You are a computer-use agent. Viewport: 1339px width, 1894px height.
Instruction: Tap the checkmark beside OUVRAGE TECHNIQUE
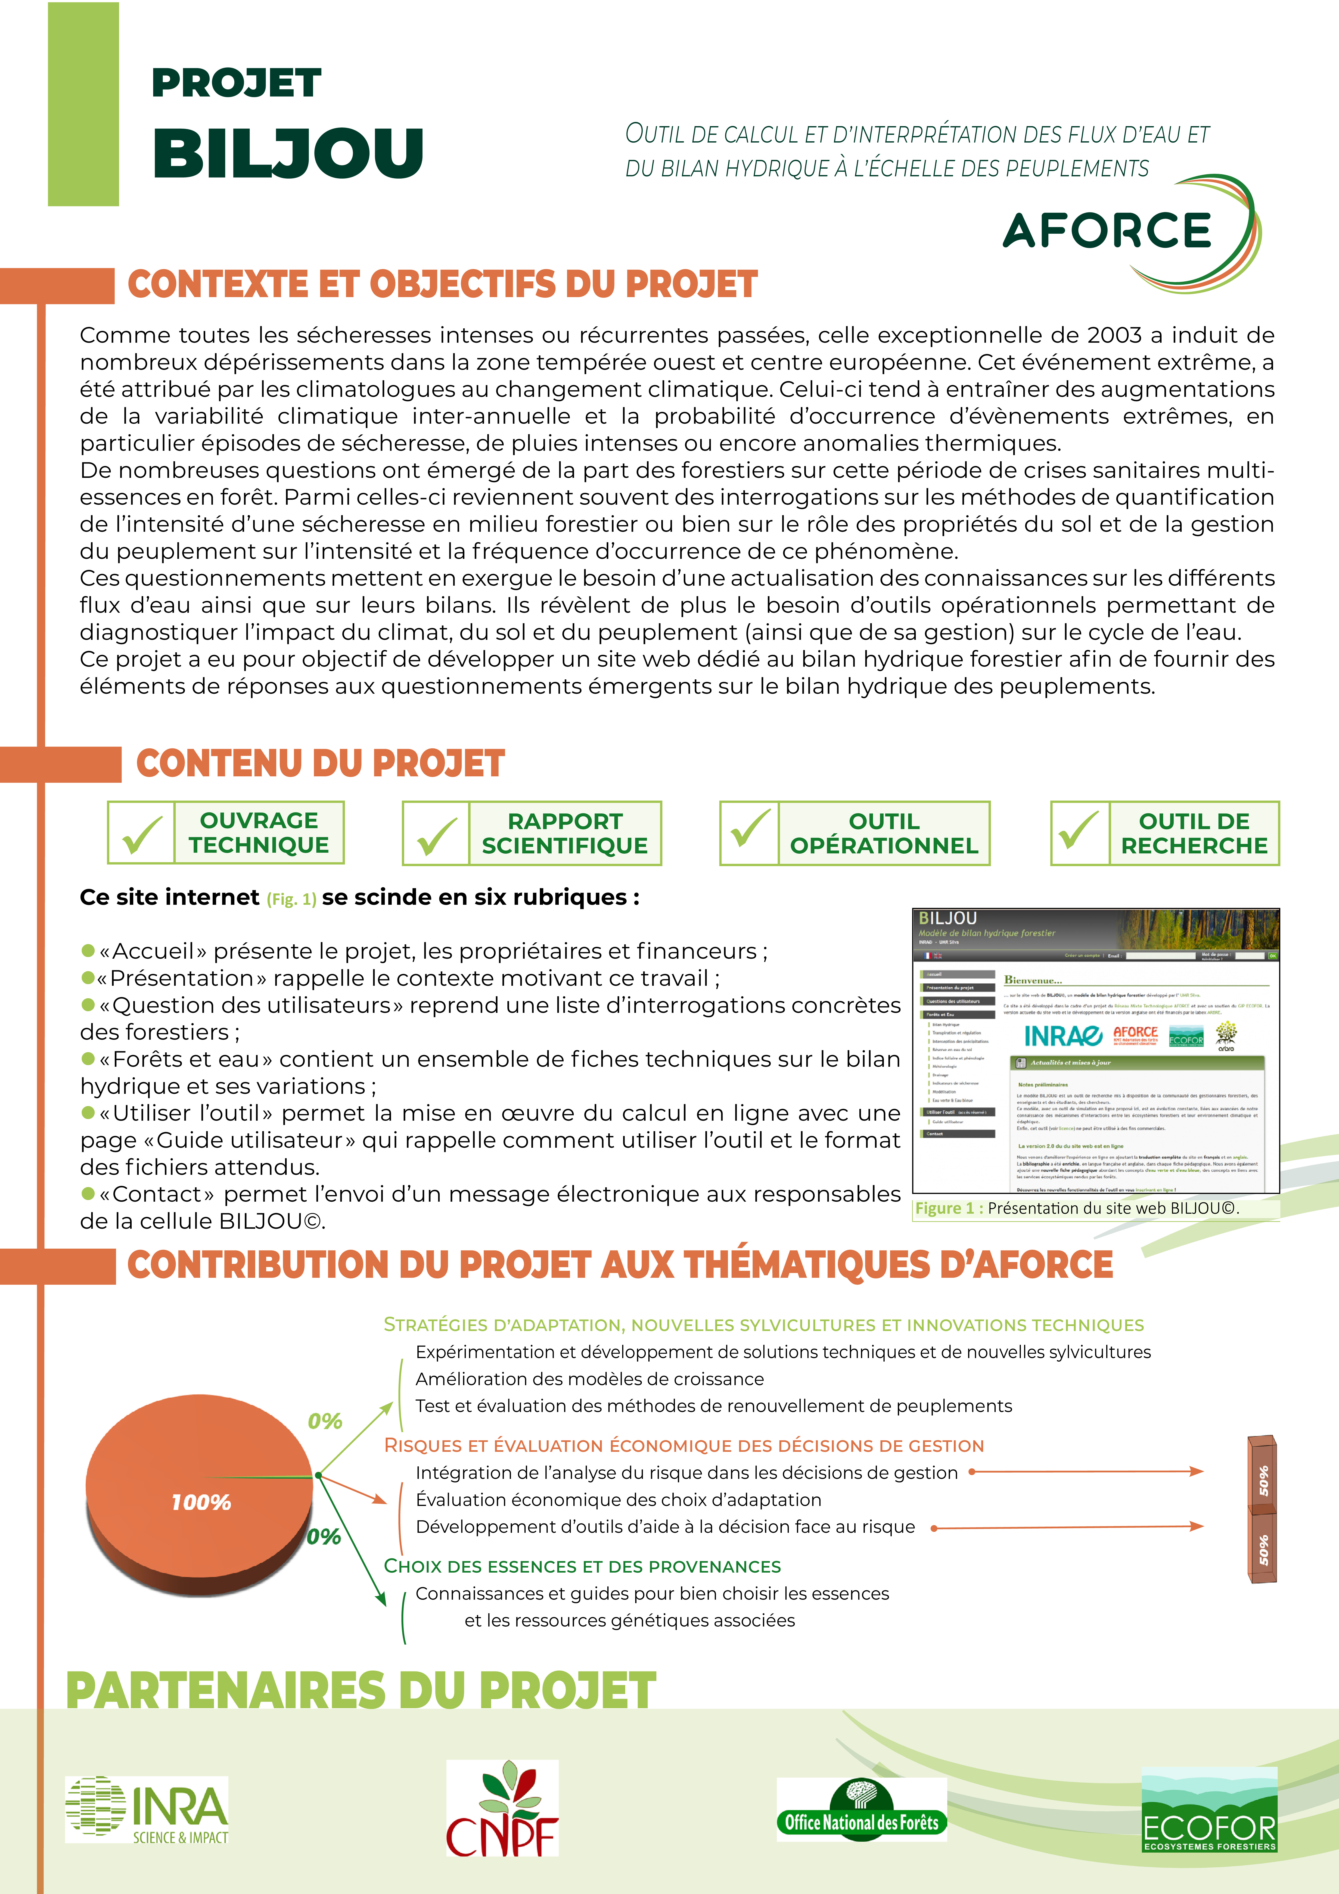(141, 833)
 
